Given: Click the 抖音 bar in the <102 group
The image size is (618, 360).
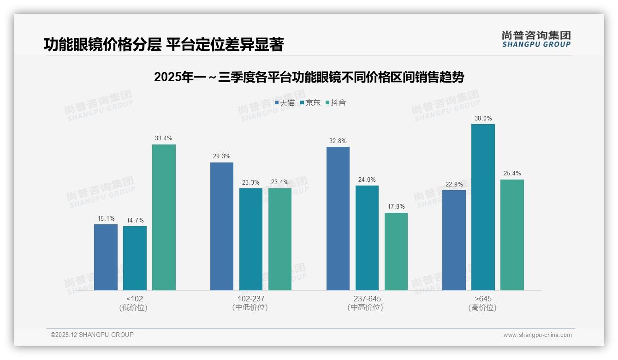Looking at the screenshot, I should (x=164, y=217).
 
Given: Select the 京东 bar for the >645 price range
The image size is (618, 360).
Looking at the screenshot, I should (x=483, y=207).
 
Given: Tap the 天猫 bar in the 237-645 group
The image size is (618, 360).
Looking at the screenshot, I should (x=338, y=218).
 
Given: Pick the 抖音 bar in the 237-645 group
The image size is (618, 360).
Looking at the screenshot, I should (x=396, y=252).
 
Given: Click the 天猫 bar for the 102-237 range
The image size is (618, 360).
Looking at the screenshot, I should (x=222, y=226).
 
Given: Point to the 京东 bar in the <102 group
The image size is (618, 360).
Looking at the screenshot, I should (x=135, y=258).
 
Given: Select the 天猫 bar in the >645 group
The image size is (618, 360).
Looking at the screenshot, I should (x=454, y=240).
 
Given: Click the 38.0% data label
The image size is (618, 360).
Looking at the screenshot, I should (x=483, y=119).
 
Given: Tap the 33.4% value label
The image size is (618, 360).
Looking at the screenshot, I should (x=164, y=138).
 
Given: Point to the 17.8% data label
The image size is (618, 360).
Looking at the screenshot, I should (x=396, y=207).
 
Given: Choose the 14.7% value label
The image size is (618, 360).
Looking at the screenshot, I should (x=135, y=221).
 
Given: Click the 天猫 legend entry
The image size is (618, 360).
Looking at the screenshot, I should (x=285, y=103).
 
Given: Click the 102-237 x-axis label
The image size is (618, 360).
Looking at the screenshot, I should (x=251, y=299).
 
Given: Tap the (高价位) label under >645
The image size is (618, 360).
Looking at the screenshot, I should (x=482, y=307).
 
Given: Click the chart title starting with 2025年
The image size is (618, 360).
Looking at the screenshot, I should (x=309, y=77).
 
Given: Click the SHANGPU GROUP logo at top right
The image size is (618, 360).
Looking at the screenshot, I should (x=536, y=39).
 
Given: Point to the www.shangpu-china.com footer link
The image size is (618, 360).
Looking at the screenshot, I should (x=537, y=335).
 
